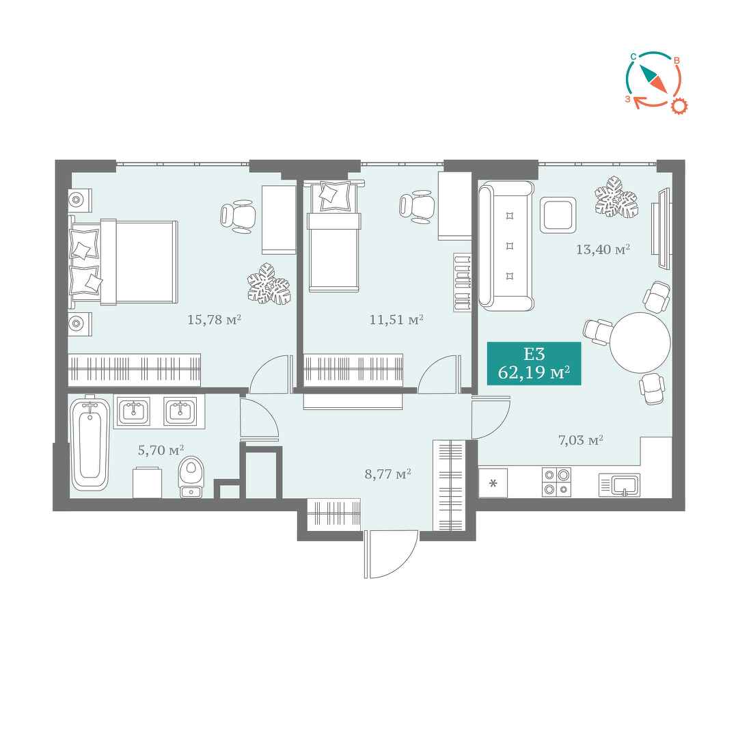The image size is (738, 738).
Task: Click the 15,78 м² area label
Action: (x=214, y=320)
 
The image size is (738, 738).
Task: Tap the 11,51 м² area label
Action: (x=396, y=320)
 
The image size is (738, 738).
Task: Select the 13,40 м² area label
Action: (x=603, y=249)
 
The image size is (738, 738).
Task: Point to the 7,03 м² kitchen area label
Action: (x=581, y=441)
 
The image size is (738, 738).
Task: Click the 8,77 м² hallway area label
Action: (x=388, y=474)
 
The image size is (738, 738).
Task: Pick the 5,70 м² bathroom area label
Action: (x=161, y=450)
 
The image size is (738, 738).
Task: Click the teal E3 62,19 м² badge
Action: (x=534, y=364)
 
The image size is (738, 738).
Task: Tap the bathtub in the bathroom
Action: (x=90, y=444)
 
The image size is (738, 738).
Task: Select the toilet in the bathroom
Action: (x=191, y=476)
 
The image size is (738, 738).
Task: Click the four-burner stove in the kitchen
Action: (x=556, y=482)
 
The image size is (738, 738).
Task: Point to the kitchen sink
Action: (x=619, y=484)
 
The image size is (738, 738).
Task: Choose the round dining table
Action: (x=640, y=342)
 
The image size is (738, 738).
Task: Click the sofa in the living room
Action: (x=506, y=246)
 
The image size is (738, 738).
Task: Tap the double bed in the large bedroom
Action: (x=123, y=262)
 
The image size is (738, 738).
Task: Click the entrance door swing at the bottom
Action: (x=391, y=554)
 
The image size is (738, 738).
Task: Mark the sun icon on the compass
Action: (x=679, y=107)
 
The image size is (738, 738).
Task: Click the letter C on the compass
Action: (x=633, y=57)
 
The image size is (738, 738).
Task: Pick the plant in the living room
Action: (x=616, y=197)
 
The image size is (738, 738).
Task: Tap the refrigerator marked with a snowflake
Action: (x=493, y=483)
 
